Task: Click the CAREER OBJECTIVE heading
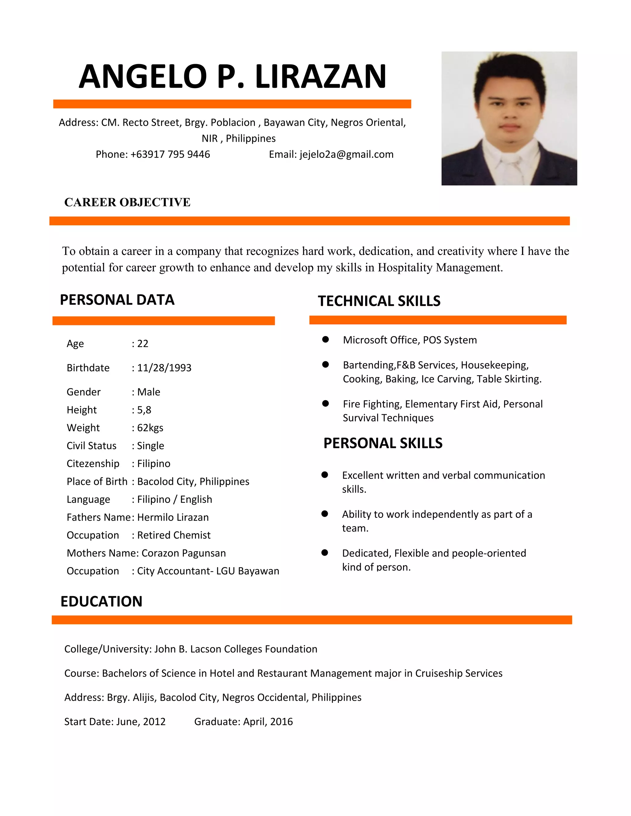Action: [127, 202]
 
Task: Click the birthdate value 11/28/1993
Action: [164, 368]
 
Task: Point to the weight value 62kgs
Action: [150, 428]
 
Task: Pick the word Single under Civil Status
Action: [150, 446]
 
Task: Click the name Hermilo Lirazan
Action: [173, 518]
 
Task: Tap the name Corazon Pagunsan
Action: [183, 553]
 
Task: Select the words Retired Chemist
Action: [174, 535]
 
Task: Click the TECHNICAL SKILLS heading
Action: [379, 301]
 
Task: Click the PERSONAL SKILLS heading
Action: [383, 443]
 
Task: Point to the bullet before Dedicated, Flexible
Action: [325, 553]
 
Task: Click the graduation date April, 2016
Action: [268, 721]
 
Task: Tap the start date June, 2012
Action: [141, 721]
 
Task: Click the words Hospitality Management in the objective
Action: [440, 268]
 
